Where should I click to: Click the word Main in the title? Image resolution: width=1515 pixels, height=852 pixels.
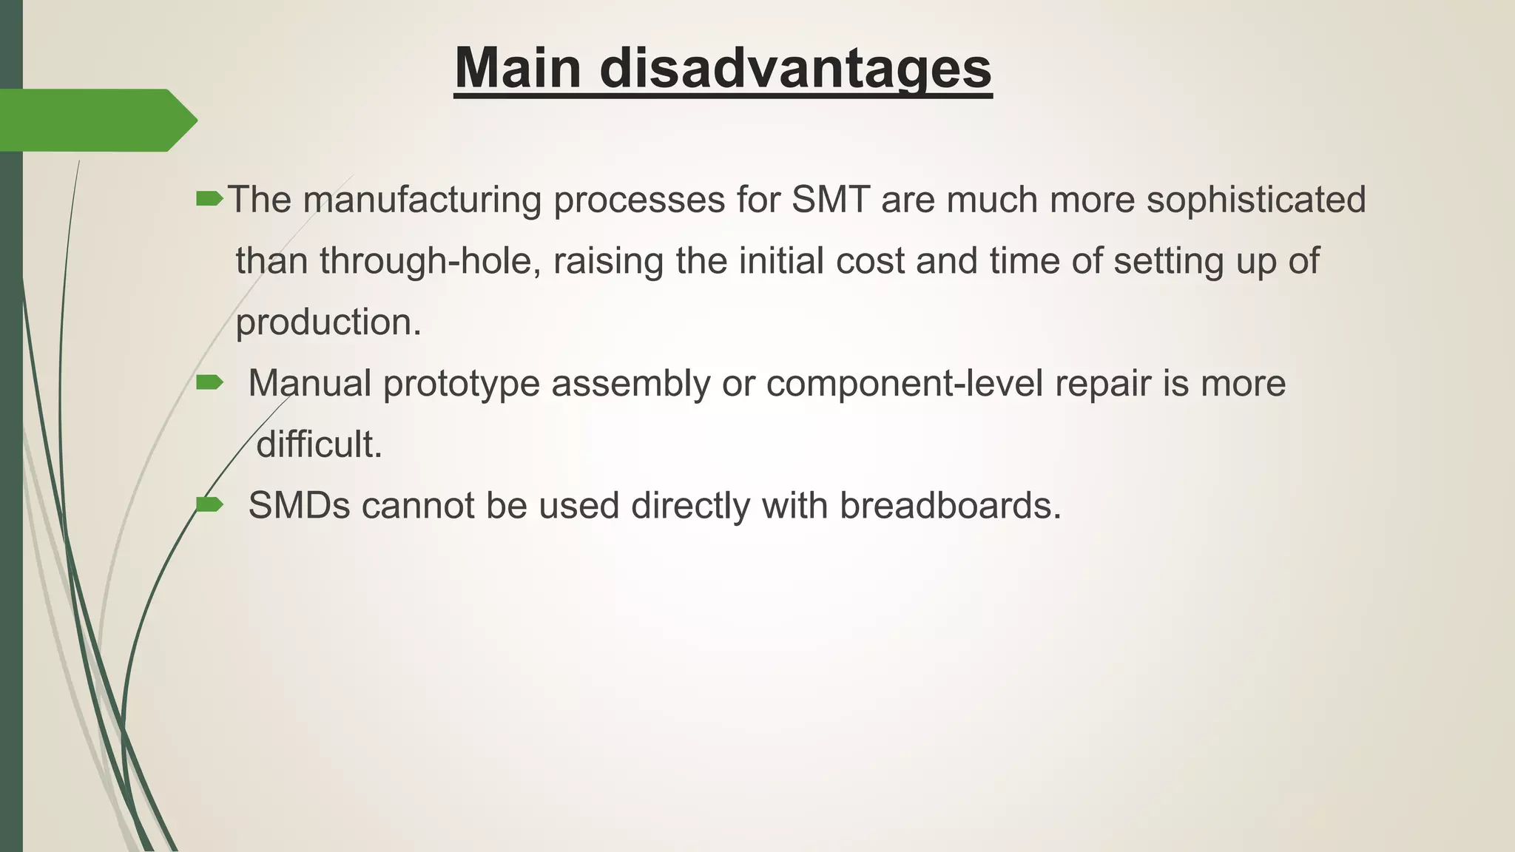click(518, 68)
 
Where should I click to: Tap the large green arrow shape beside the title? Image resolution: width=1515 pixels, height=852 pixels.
click(96, 120)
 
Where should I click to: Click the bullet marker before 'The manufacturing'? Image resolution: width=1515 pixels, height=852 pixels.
click(209, 198)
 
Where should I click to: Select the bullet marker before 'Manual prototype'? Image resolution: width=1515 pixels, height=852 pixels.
click(209, 382)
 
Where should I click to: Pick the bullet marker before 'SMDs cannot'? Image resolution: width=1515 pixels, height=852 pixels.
click(209, 504)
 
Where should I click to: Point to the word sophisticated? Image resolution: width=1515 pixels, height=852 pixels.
click(1255, 200)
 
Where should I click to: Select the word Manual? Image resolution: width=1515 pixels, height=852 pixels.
click(309, 383)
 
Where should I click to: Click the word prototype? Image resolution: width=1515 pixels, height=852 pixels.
click(461, 385)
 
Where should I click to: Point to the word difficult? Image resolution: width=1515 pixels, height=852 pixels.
click(318, 444)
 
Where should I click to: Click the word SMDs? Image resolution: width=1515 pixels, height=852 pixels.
click(299, 506)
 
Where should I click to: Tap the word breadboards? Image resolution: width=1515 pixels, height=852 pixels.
click(950, 506)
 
